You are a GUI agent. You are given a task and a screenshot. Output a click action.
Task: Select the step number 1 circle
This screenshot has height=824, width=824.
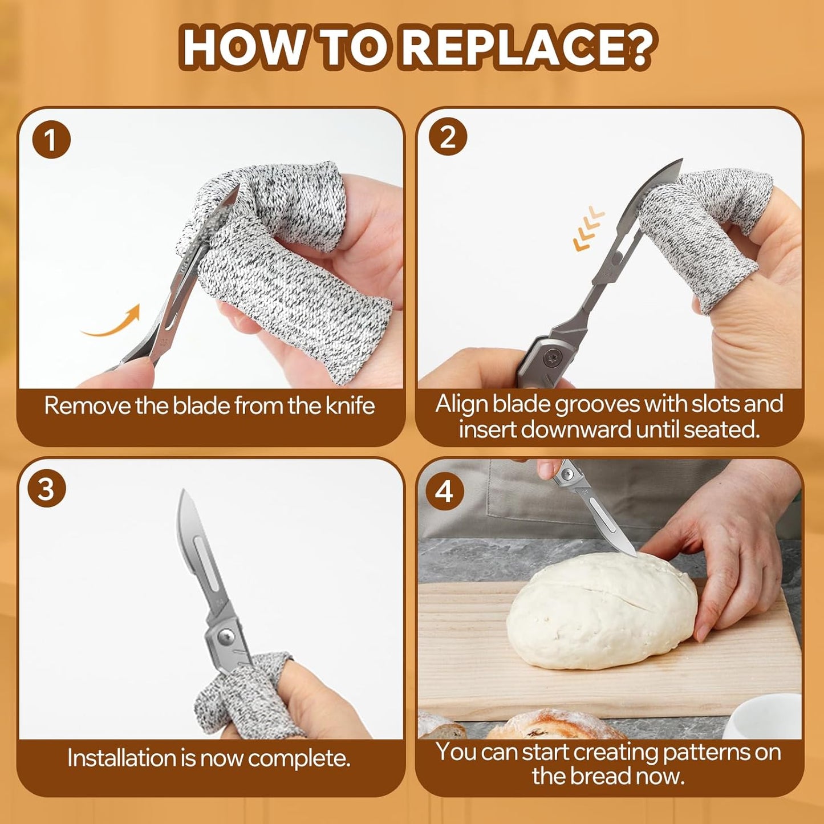click(51, 140)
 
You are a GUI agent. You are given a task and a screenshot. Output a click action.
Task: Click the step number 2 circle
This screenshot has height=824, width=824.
click(448, 137)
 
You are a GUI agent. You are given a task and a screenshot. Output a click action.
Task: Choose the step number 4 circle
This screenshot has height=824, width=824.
click(444, 491)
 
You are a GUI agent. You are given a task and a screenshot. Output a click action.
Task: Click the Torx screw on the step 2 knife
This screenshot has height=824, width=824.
click(553, 358)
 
